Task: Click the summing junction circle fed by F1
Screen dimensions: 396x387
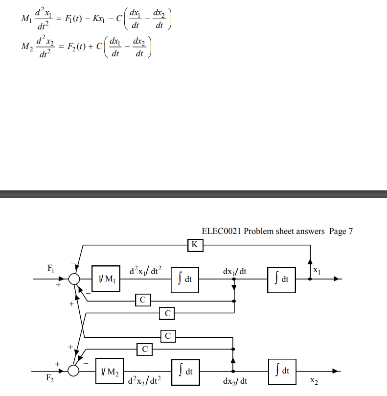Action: pyautogui.click(x=74, y=280)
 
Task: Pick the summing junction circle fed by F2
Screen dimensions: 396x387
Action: pyautogui.click(x=73, y=370)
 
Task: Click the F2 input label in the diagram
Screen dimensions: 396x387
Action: pyautogui.click(x=50, y=378)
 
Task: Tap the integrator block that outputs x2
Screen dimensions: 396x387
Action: pyautogui.click(x=282, y=371)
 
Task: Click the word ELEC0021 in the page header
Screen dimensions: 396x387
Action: pyautogui.click(x=221, y=231)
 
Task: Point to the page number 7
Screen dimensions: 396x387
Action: pyautogui.click(x=350, y=231)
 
